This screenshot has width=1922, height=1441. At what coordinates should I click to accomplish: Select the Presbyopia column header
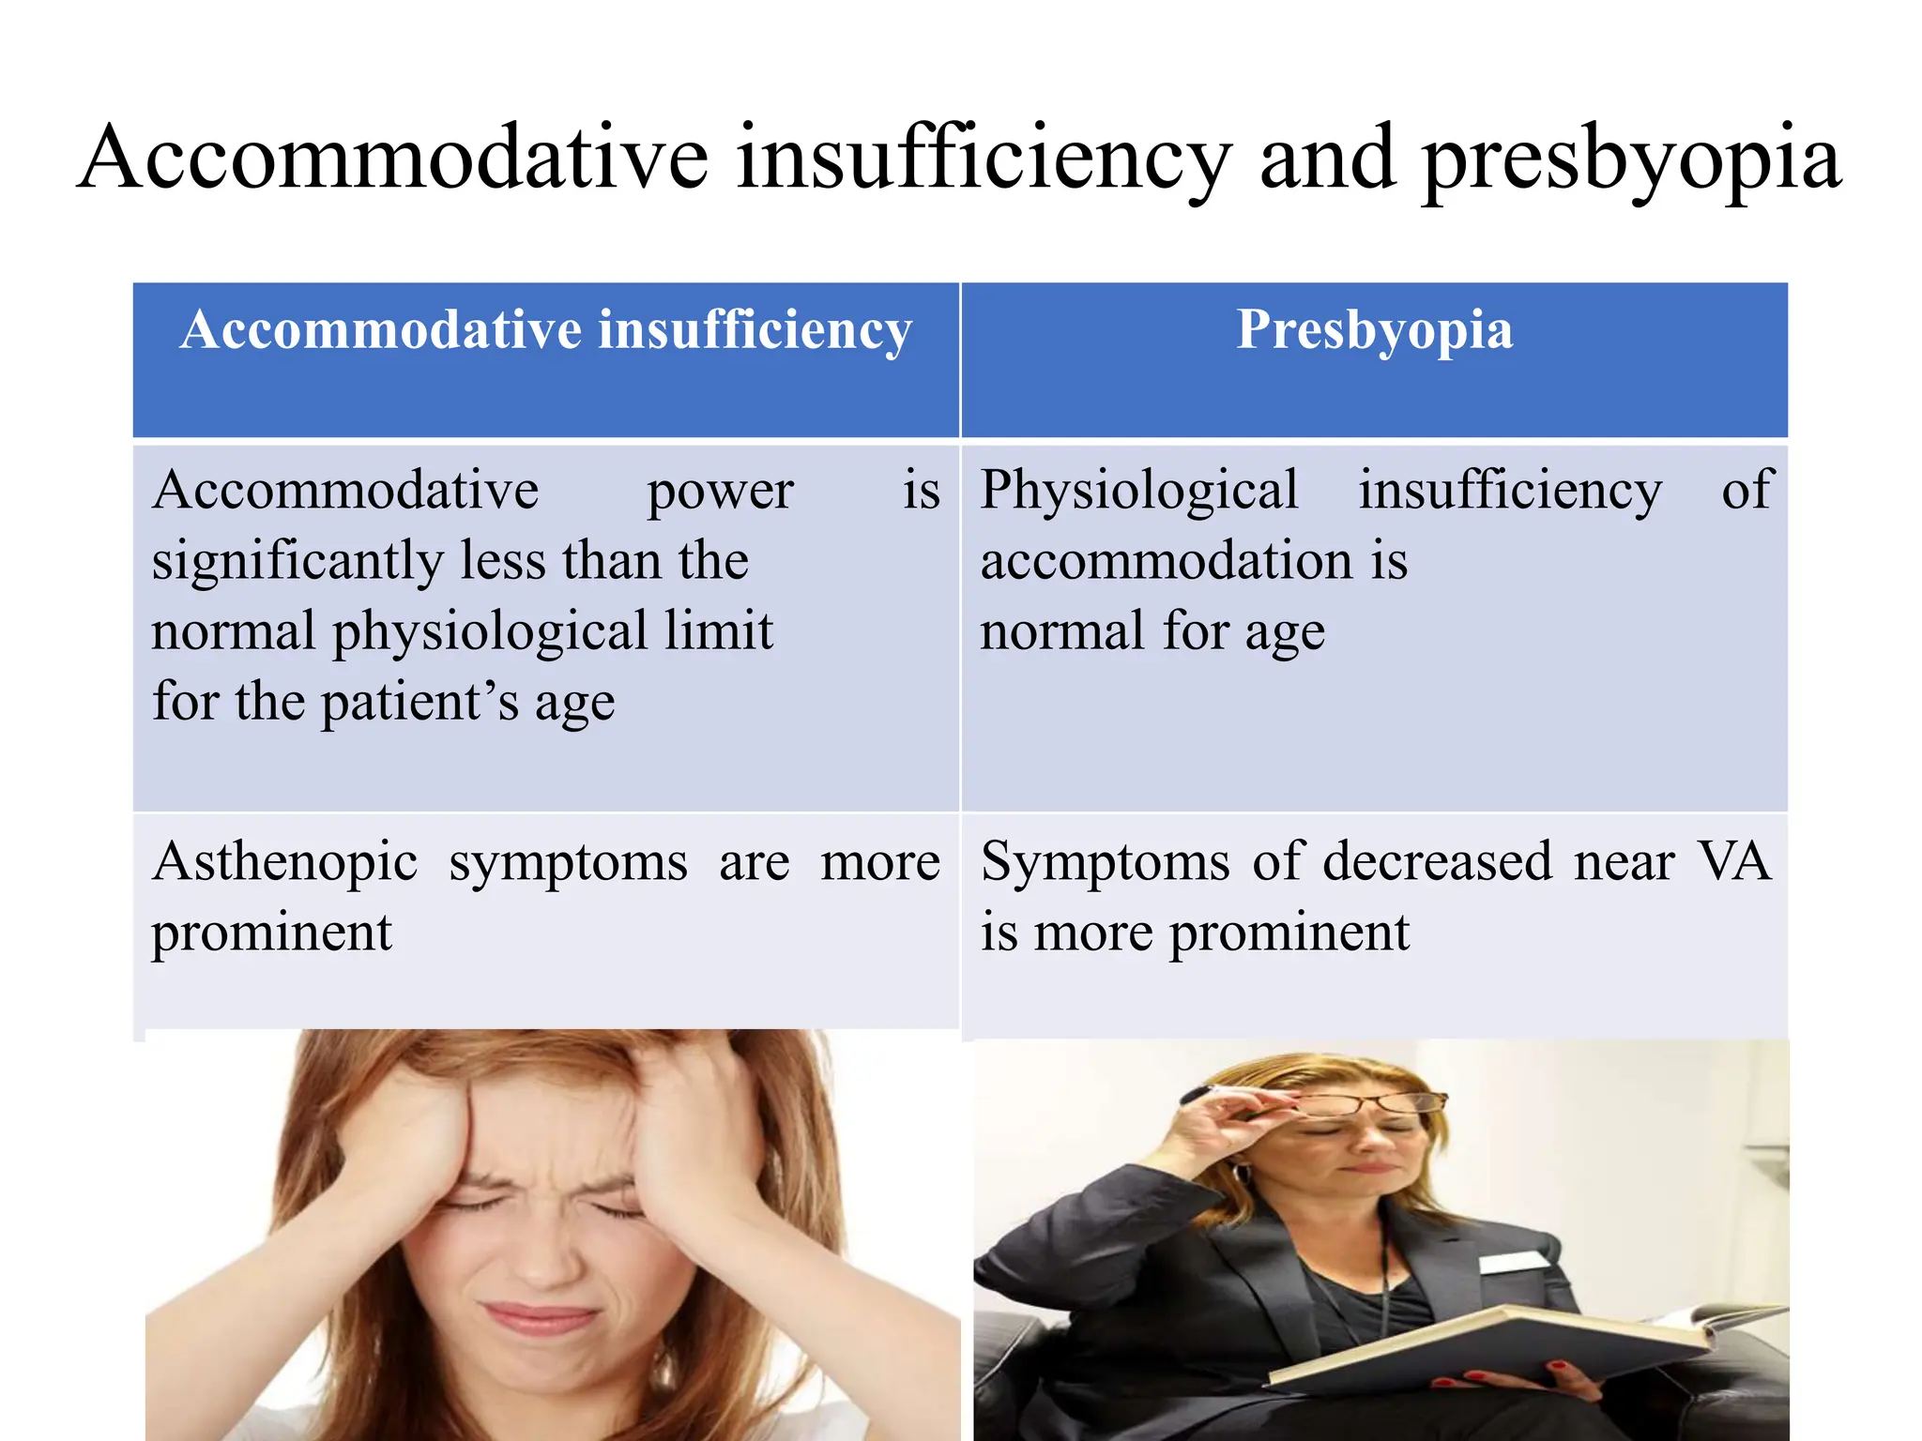1374,330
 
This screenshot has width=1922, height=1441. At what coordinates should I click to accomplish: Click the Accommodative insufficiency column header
546,330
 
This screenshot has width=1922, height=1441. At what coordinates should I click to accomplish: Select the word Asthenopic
284,863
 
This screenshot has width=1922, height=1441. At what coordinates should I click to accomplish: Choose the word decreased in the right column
1437,861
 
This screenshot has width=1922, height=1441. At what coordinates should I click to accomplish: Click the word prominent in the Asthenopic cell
271,934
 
